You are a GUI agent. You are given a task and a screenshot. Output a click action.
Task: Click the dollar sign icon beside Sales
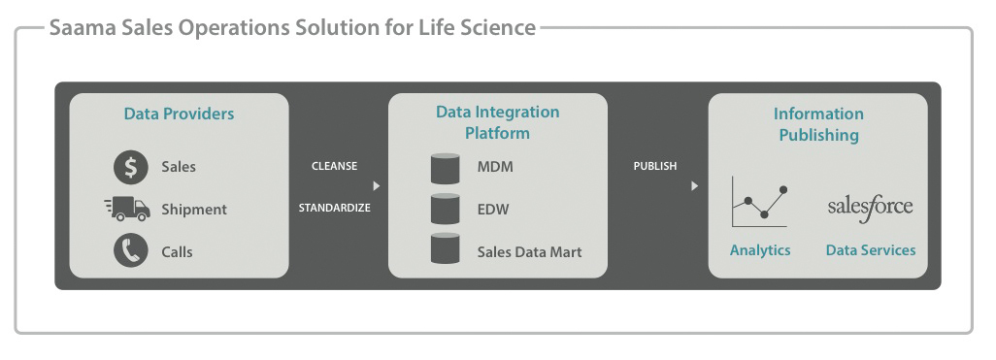pyautogui.click(x=130, y=166)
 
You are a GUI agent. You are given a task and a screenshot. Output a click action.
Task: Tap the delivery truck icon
pyautogui.click(x=127, y=208)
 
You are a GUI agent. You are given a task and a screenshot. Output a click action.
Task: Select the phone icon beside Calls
pyautogui.click(x=130, y=250)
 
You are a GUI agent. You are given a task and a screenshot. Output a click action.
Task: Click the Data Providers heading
pyautogui.click(x=179, y=114)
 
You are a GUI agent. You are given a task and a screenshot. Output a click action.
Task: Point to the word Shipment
pyautogui.click(x=194, y=209)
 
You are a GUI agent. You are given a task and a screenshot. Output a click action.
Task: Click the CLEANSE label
pyautogui.click(x=334, y=166)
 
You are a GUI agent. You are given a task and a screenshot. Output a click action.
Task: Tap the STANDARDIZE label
pyautogui.click(x=334, y=208)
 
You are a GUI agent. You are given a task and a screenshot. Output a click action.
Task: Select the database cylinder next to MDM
pyautogui.click(x=445, y=167)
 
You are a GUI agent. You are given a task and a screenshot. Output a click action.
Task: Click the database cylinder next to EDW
pyautogui.click(x=445, y=209)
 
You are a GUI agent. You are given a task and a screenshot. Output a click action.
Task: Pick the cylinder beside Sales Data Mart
pyautogui.click(x=445, y=249)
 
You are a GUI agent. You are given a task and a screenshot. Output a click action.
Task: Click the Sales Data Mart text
pyautogui.click(x=529, y=251)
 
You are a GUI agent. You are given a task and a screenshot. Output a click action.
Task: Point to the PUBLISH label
pyautogui.click(x=655, y=166)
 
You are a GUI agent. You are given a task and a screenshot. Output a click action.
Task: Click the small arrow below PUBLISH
pyautogui.click(x=694, y=185)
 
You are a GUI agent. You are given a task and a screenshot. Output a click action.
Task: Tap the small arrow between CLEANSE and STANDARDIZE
pyautogui.click(x=377, y=185)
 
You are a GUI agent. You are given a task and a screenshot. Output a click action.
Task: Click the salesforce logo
pyautogui.click(x=870, y=207)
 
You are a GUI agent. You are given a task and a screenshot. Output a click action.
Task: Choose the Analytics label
pyautogui.click(x=760, y=250)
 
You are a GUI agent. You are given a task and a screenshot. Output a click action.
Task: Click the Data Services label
pyautogui.click(x=871, y=250)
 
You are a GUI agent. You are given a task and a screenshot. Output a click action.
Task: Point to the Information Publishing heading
pyautogui.click(x=818, y=124)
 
